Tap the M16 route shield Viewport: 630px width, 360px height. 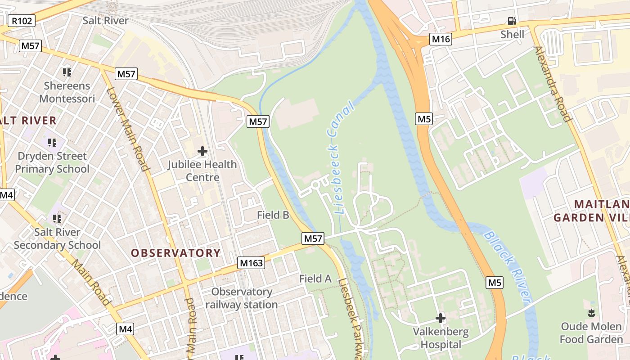click(x=441, y=39)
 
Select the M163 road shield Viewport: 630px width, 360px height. click(x=251, y=263)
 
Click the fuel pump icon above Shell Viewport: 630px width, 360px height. click(x=512, y=21)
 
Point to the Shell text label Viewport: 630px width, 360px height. click(x=512, y=34)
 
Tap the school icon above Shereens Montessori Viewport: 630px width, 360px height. click(x=67, y=72)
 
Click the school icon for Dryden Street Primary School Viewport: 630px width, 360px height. click(x=52, y=143)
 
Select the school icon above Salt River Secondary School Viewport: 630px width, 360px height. click(x=57, y=219)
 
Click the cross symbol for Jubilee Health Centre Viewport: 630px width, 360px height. click(x=202, y=151)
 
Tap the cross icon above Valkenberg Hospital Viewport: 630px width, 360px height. click(x=440, y=319)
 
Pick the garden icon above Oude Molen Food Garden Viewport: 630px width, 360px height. click(x=591, y=313)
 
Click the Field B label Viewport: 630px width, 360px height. click(x=273, y=215)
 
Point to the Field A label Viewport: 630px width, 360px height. click(x=315, y=279)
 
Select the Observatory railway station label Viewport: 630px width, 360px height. click(x=242, y=298)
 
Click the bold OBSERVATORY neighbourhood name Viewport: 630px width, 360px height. click(x=175, y=253)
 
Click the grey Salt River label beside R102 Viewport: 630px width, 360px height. click(x=105, y=21)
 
